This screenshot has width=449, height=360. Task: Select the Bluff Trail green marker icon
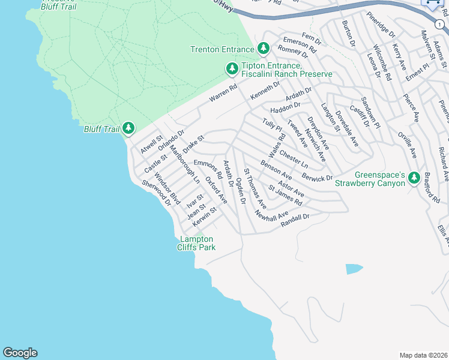coord(128,128)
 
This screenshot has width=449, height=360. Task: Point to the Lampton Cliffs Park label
coord(196,243)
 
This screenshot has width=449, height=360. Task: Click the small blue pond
coord(354,269)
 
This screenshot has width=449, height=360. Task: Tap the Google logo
coord(20,353)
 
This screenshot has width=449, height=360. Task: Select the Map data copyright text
coord(423,355)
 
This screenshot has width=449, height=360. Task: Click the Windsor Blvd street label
coord(167,188)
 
